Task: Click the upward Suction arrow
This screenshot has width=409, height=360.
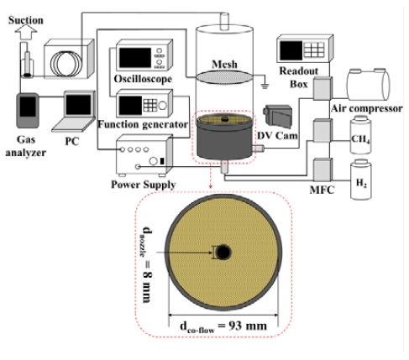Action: click(x=26, y=32)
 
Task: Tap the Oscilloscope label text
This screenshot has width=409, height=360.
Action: click(x=143, y=79)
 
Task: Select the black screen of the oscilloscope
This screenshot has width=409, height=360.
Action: click(x=135, y=58)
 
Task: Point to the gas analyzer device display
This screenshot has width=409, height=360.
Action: click(x=28, y=107)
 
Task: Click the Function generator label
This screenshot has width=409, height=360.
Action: click(x=143, y=124)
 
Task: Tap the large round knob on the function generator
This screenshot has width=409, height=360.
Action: click(x=162, y=106)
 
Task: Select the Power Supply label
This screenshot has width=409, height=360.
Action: click(x=144, y=185)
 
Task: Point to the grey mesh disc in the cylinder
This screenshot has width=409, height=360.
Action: click(x=224, y=77)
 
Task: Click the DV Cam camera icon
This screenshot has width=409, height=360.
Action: click(x=278, y=116)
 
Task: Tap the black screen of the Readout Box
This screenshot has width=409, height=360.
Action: click(x=291, y=50)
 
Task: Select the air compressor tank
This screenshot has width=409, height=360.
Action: click(x=368, y=85)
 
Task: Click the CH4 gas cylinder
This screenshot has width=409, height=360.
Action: click(x=361, y=135)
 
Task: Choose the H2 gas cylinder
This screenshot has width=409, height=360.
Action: click(x=361, y=180)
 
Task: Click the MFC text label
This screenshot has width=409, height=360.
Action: click(x=322, y=190)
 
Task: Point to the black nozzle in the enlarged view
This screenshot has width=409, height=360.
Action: click(x=223, y=253)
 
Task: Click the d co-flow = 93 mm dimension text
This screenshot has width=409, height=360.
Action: click(x=223, y=326)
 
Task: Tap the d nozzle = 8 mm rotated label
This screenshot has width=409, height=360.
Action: click(x=147, y=264)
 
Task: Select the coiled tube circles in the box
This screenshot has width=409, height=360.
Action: click(x=66, y=62)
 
